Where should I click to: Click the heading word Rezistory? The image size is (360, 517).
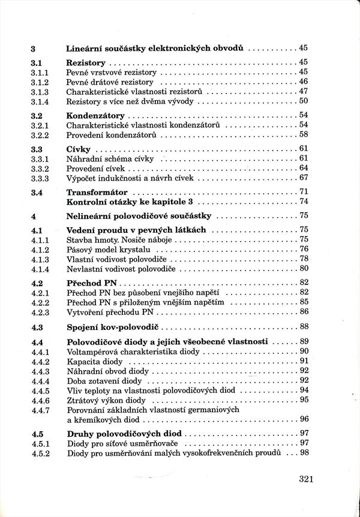[x=86, y=62]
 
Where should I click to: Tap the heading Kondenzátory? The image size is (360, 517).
[x=95, y=115]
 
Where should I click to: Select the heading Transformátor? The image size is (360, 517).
[x=98, y=192]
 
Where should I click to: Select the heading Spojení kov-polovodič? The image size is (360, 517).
[x=114, y=326]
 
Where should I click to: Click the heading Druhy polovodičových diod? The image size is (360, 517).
[x=124, y=433]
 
